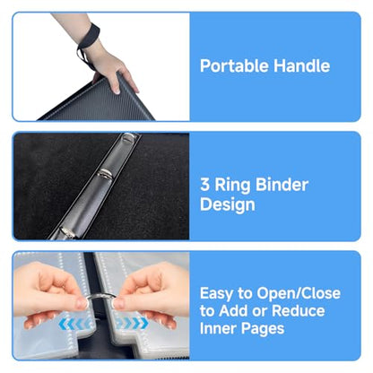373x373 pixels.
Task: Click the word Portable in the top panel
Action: tap(235, 65)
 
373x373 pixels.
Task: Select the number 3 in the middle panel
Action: tap(204, 185)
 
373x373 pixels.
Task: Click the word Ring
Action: tap(233, 186)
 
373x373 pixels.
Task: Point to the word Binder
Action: tap(282, 185)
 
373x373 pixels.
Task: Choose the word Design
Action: tap(228, 204)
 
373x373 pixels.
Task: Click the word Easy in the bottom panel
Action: tap(216, 294)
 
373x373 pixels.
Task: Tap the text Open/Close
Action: tap(299, 293)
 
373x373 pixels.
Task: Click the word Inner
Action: tap(219, 328)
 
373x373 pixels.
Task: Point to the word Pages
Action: tap(263, 329)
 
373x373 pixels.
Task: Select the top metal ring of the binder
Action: tap(130, 137)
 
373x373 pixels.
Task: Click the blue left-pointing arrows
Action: tap(75, 324)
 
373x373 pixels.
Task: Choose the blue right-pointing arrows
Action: tap(133, 323)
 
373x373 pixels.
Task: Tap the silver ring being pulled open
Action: tap(101, 297)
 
